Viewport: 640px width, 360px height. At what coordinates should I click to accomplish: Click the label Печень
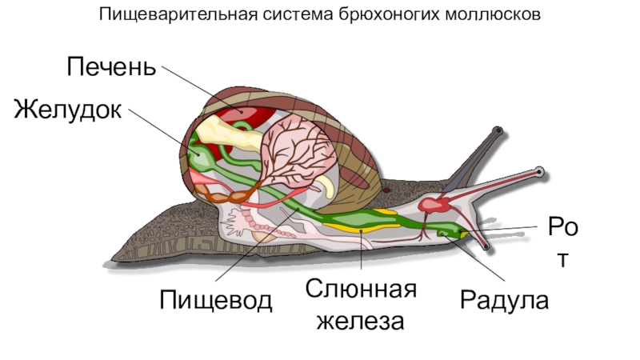click(x=111, y=66)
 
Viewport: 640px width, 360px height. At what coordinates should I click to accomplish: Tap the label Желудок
click(x=68, y=109)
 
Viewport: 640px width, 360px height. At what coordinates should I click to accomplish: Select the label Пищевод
click(x=216, y=300)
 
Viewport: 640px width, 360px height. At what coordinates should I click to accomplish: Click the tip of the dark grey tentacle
click(x=498, y=129)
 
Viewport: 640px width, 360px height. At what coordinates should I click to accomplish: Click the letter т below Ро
click(x=566, y=260)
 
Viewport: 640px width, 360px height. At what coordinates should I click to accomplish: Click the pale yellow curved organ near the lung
click(x=326, y=186)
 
